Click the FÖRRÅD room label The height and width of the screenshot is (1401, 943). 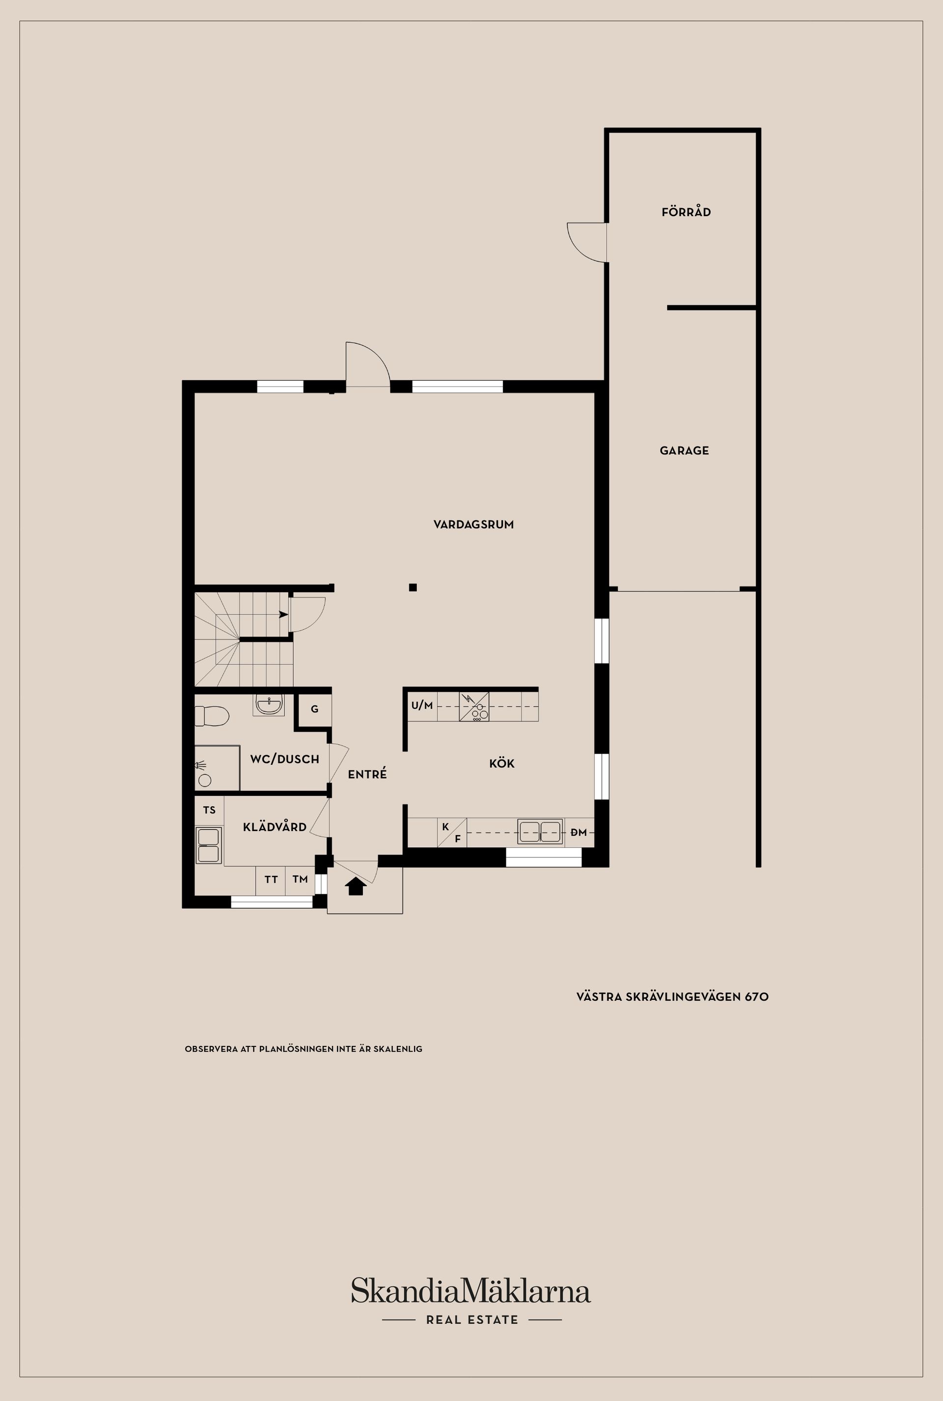click(x=686, y=212)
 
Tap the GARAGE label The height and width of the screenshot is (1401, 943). click(x=684, y=450)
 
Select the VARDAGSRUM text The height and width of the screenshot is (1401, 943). click(x=473, y=525)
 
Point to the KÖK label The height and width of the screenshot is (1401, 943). click(x=501, y=763)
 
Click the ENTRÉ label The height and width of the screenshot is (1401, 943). click(x=367, y=774)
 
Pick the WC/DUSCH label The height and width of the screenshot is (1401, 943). click(x=284, y=759)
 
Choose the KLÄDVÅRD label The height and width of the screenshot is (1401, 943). click(x=275, y=827)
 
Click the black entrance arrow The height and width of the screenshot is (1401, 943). click(x=356, y=886)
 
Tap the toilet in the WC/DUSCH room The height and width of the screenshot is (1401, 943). click(x=212, y=716)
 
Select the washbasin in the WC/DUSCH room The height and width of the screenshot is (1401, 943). click(x=268, y=704)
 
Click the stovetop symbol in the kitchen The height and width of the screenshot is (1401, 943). click(x=474, y=706)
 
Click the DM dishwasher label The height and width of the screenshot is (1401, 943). click(x=579, y=833)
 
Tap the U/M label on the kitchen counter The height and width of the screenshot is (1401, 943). click(x=421, y=705)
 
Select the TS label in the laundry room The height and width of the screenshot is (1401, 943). click(x=209, y=810)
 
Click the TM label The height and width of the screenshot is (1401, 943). click(x=300, y=879)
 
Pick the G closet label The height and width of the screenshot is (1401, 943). click(x=314, y=709)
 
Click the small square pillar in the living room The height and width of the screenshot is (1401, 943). click(x=413, y=588)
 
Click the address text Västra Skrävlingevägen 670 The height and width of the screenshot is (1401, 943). click(x=672, y=997)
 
